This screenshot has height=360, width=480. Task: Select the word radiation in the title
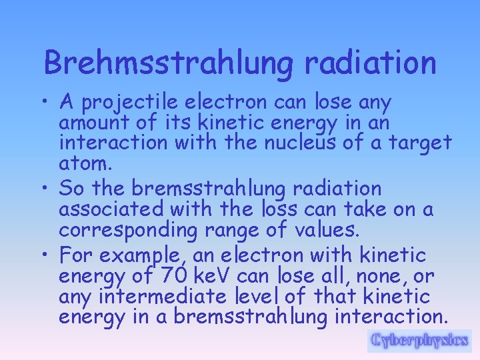370,63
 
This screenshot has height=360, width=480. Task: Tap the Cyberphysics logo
419,341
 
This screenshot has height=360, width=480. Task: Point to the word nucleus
333,143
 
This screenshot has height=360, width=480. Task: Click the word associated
111,209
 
